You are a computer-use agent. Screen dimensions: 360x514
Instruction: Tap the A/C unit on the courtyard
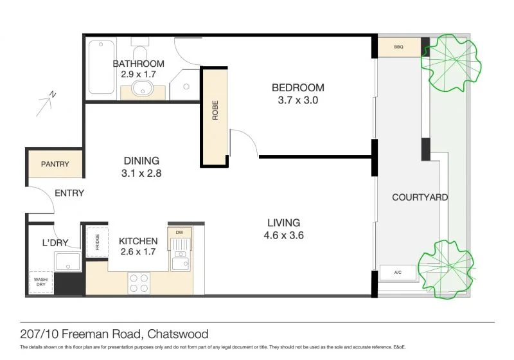[398, 273]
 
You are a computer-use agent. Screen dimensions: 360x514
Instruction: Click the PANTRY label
[55, 165]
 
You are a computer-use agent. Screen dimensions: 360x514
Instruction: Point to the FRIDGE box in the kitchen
[97, 242]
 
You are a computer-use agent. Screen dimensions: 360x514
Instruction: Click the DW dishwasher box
[179, 231]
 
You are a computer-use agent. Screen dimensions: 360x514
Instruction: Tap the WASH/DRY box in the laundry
[40, 282]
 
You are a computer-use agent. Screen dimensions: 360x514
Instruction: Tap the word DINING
[141, 161]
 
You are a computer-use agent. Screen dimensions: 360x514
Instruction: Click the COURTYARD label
[420, 197]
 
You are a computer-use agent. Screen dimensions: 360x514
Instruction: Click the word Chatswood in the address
[178, 334]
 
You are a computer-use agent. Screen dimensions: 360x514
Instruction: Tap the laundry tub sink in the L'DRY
[67, 262]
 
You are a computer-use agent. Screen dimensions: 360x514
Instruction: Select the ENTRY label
[69, 193]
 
